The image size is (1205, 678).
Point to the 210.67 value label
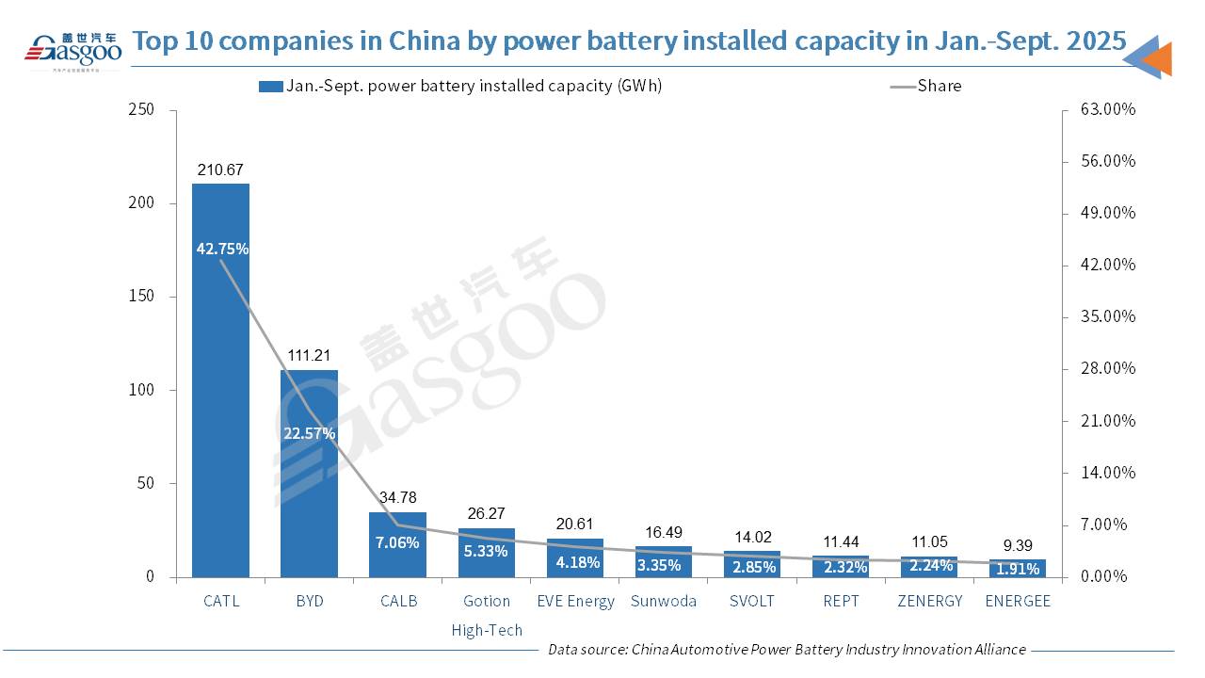tap(220, 170)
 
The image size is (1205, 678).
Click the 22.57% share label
tap(310, 433)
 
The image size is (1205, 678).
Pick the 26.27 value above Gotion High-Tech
tap(486, 514)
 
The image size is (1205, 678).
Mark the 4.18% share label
tap(574, 563)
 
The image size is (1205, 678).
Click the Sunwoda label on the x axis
tap(664, 601)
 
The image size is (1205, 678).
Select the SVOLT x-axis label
tap(751, 601)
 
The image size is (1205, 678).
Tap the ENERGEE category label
tap(1017, 601)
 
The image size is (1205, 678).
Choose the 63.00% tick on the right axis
tap(1108, 109)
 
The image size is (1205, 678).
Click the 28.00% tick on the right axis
tap(1108, 368)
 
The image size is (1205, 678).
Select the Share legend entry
tap(939, 86)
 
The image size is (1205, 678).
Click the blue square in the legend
tap(269, 87)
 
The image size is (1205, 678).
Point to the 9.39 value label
tap(1017, 545)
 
